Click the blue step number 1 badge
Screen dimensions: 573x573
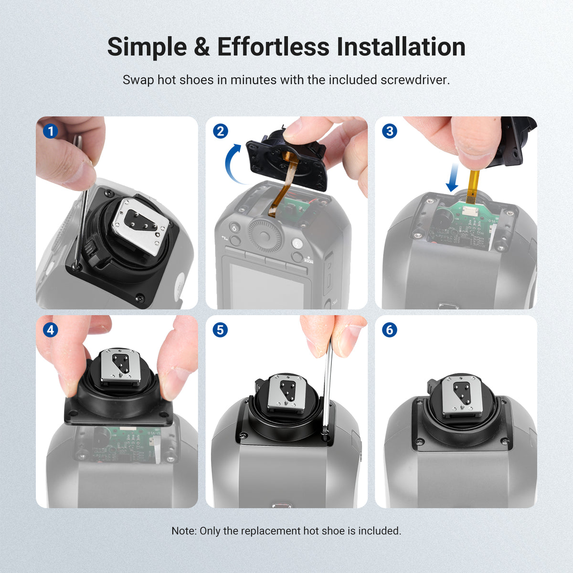point(51,131)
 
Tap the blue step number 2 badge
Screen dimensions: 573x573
point(220,131)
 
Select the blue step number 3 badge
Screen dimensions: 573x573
point(390,131)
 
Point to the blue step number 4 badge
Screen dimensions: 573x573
point(51,330)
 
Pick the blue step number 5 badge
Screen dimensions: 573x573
point(220,330)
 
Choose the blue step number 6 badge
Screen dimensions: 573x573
point(390,330)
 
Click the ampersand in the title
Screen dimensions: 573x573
point(202,47)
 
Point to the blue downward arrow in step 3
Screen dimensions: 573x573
point(453,178)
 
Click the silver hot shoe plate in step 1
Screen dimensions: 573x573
point(140,226)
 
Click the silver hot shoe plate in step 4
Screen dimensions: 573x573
point(120,366)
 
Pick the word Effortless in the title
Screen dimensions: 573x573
point(273,47)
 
